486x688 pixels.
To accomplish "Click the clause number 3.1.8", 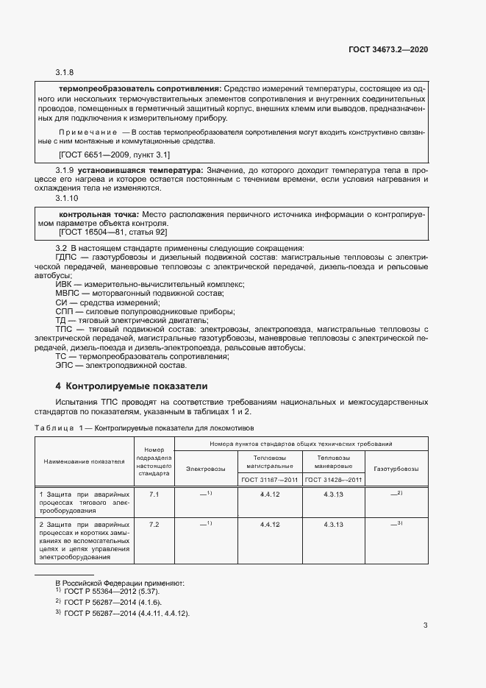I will [65, 72].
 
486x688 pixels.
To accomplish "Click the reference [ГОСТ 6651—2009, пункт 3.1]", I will [114, 155].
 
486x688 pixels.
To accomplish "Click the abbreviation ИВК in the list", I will [65, 284].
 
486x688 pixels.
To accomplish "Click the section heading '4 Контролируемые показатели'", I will [132, 386].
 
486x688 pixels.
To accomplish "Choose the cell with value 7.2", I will [154, 525].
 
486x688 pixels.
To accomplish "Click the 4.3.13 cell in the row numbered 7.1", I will [333, 494].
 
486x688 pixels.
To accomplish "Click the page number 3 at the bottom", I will [425, 626].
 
